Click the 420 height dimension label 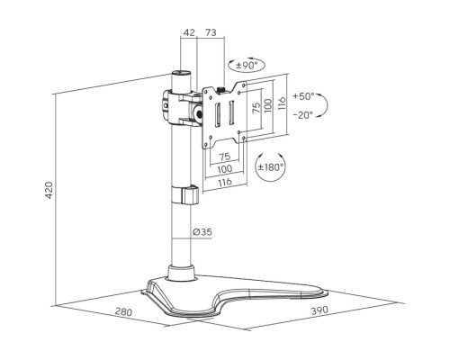click(49, 190)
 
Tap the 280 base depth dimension click(123, 312)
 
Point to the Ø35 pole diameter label click(202, 232)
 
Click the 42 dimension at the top click(189, 32)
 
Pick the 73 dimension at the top click(211, 32)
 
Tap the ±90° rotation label click(247, 65)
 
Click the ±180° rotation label click(271, 167)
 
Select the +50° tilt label click(303, 96)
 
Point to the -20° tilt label click(302, 114)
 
